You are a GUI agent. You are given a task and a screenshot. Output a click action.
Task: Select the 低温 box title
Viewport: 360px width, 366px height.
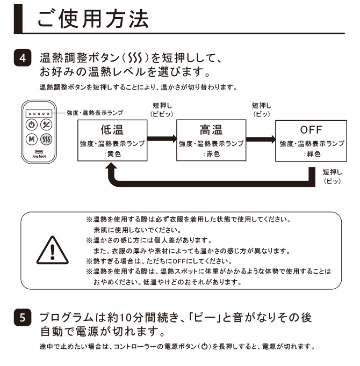point(112,129)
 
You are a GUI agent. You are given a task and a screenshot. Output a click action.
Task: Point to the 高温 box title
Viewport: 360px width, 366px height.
point(210,129)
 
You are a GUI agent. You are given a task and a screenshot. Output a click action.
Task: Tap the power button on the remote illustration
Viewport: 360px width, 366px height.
point(32,125)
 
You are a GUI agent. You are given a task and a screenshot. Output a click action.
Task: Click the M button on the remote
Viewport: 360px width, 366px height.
point(32,139)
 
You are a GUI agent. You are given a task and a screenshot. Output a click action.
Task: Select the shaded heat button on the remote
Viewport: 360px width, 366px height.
point(46,139)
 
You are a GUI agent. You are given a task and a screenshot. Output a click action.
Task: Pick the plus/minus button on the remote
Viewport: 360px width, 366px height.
point(46,125)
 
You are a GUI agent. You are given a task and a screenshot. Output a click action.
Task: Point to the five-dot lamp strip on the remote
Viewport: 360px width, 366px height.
point(39,113)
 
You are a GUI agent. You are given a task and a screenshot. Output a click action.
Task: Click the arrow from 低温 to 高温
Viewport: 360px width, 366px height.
point(162,139)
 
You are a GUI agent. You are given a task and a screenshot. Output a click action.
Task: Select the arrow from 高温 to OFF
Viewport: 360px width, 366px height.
point(260,139)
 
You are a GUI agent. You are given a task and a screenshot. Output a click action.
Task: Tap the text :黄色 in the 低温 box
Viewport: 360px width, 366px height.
point(112,154)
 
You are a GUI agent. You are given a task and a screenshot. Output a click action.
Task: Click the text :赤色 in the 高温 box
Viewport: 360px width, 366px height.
point(210,154)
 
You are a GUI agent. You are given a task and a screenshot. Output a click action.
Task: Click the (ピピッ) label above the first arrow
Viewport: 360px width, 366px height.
point(162,114)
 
